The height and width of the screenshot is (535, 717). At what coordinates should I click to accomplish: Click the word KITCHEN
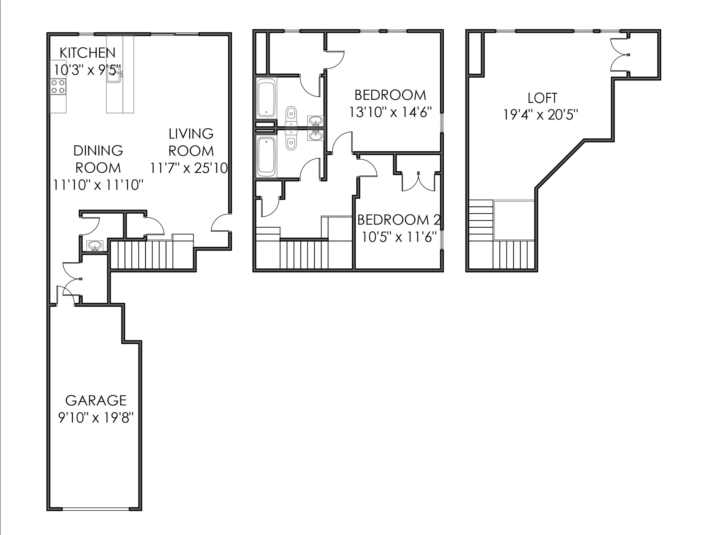pyautogui.click(x=87, y=53)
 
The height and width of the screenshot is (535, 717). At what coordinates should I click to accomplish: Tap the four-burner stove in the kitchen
pyautogui.click(x=58, y=87)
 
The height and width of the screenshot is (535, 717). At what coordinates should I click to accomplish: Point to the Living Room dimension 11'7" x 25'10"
pyautogui.click(x=190, y=168)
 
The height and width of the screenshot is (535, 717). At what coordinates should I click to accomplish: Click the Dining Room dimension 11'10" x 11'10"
pyautogui.click(x=98, y=185)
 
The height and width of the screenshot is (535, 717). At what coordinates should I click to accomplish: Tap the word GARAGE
pyautogui.click(x=96, y=401)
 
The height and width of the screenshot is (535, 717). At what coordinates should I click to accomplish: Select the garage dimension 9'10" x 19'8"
pyautogui.click(x=96, y=418)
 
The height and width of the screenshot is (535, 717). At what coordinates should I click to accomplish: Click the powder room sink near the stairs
pyautogui.click(x=95, y=246)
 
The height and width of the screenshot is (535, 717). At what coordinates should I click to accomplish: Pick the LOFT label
pyautogui.click(x=542, y=98)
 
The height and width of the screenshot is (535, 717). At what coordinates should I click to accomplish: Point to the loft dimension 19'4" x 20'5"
pyautogui.click(x=541, y=115)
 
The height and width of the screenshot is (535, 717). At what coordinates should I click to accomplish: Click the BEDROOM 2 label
pyautogui.click(x=399, y=220)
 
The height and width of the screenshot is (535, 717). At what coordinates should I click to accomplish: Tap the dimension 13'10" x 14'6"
pyautogui.click(x=390, y=112)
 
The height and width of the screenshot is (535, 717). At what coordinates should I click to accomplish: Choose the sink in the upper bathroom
pyautogui.click(x=315, y=121)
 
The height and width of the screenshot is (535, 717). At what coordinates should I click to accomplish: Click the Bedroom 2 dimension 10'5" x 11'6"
pyautogui.click(x=399, y=237)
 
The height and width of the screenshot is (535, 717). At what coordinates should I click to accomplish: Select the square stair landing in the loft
pyautogui.click(x=514, y=220)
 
